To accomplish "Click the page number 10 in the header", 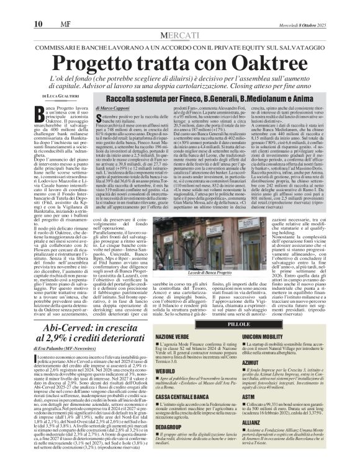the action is point(12,7).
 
